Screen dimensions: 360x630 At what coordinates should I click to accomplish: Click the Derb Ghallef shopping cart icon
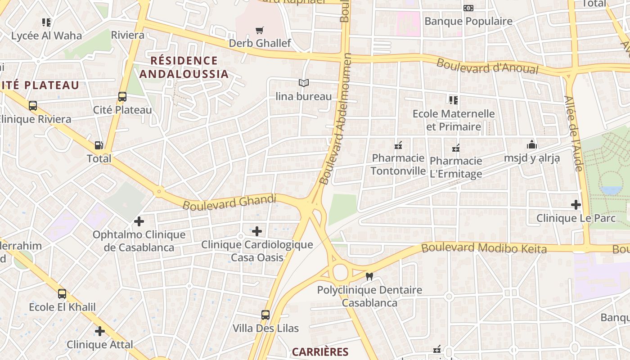(x=259, y=31)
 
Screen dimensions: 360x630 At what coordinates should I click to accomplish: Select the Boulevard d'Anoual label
(x=487, y=66)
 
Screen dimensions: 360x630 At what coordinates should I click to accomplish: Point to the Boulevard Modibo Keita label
(x=484, y=248)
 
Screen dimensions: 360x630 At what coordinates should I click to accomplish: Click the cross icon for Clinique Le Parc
(x=576, y=205)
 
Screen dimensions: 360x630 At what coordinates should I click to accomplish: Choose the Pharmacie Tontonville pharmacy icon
(x=398, y=145)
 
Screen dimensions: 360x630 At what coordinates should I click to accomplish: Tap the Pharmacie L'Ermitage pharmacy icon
(x=455, y=148)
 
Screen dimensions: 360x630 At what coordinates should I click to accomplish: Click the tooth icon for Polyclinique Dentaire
(x=369, y=277)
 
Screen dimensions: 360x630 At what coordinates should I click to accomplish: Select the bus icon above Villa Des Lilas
(x=265, y=315)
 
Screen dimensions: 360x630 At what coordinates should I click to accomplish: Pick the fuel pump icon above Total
(x=99, y=145)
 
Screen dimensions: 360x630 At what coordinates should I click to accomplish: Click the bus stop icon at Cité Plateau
(x=122, y=97)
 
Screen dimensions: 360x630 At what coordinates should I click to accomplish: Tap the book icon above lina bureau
(x=304, y=83)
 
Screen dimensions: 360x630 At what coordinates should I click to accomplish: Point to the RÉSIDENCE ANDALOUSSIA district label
(x=184, y=67)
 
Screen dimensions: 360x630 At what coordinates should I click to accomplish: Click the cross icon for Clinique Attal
(x=100, y=332)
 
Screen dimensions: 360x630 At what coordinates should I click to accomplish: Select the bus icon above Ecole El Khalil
(x=62, y=294)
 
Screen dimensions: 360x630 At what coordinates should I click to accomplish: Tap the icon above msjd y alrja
(x=531, y=145)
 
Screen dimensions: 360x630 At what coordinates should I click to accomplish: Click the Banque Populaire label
(x=468, y=21)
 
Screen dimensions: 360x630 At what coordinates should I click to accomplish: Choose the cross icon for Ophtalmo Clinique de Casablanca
(x=139, y=221)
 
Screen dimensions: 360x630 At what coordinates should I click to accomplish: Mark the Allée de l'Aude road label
(x=573, y=134)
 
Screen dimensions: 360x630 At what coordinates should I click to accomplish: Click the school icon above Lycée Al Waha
(x=46, y=22)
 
